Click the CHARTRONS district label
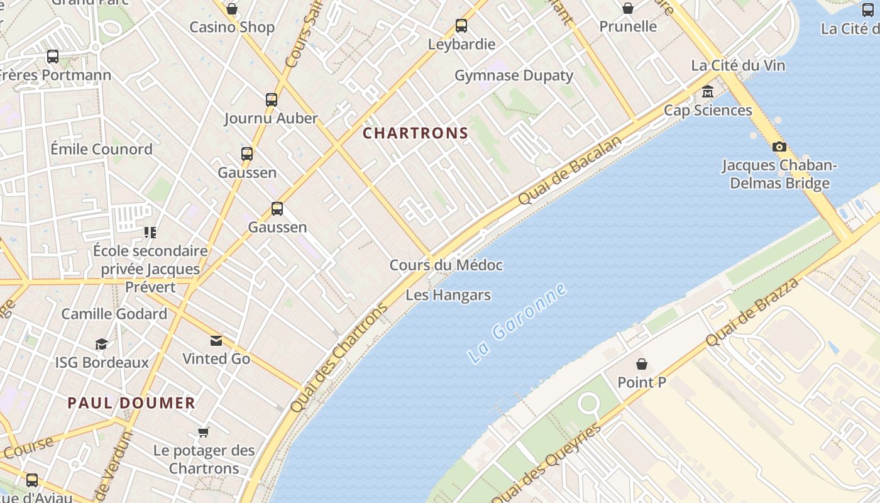point(415,133)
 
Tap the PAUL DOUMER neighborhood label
point(131,403)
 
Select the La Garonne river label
point(517,323)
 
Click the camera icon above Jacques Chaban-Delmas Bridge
point(779,146)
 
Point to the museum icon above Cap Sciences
point(708,92)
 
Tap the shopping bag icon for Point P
point(642,364)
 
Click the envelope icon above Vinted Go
point(216,341)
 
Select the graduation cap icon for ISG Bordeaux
point(101,344)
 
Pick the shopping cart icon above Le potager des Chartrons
point(203,432)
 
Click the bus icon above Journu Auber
point(272,99)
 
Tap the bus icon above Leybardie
point(461,26)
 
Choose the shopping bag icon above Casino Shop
point(232,9)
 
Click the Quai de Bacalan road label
point(569,170)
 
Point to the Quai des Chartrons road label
point(339,358)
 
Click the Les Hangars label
point(448,295)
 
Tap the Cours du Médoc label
point(446,265)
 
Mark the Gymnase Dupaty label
point(514,75)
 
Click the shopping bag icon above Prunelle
point(627,8)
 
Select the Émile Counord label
point(101,149)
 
